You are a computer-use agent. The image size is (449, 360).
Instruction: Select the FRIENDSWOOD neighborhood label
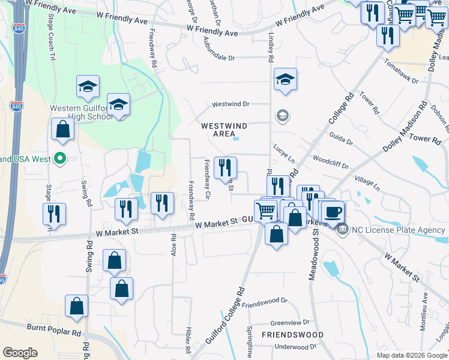pos(292,335)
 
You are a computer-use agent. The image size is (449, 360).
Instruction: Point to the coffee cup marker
pos(333,212)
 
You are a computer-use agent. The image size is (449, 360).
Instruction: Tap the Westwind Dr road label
pos(231,104)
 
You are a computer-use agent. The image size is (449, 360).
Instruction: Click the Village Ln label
pos(367,184)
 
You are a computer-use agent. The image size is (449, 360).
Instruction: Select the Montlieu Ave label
pos(424,305)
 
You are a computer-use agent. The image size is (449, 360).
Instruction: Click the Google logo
pos(20,353)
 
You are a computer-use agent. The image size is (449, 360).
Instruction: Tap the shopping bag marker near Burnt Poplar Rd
pos(77,306)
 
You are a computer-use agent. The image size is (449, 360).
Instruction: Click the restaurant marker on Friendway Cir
pos(226,167)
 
